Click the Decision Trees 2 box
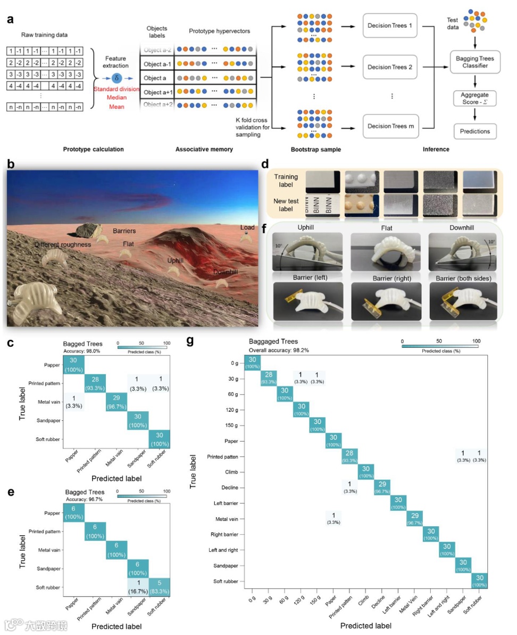390,68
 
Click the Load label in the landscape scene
247,227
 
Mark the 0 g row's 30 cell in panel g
253,362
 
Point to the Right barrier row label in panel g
225,534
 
